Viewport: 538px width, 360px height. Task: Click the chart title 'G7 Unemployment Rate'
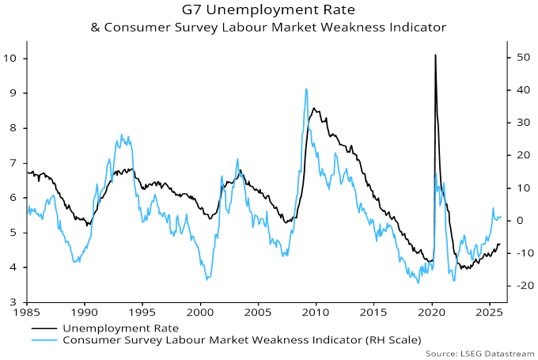268,10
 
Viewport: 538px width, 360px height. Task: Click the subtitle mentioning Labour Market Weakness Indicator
268,27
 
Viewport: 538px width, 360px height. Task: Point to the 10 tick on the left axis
12,59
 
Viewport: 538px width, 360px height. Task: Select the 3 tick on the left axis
15,302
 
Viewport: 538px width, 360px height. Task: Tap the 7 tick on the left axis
15,163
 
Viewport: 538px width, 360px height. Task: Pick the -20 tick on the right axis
521,286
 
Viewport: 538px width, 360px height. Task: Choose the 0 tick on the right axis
519,221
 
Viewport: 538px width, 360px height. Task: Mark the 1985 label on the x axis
27,314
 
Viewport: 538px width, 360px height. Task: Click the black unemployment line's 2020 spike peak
435,55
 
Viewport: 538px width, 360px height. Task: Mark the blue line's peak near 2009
306,89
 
